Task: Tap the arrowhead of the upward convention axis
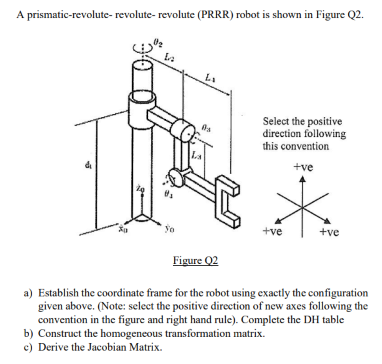tap(303, 181)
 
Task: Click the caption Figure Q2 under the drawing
tap(195, 260)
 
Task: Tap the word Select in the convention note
tap(275, 121)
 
